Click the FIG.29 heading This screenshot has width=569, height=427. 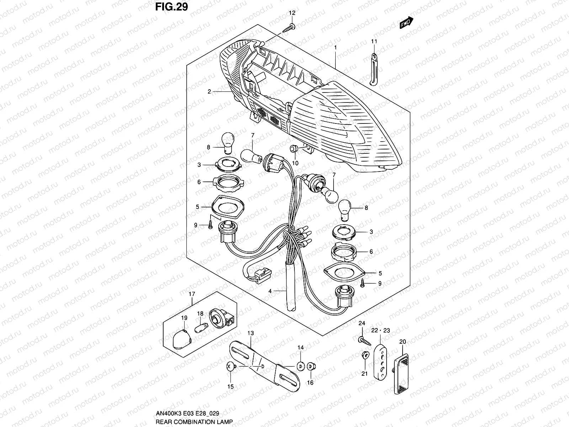coord(171,7)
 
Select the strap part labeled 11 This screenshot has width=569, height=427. coord(373,69)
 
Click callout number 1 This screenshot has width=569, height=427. coord(335,47)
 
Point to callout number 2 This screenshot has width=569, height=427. coord(209,92)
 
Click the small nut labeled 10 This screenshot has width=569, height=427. coord(294,148)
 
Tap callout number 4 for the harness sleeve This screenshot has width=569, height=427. coord(270,291)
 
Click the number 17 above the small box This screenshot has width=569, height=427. coord(192,294)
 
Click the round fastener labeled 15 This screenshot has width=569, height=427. coord(230,366)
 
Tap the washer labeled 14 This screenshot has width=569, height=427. coord(301,366)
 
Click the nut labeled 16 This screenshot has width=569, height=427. coord(310,366)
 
